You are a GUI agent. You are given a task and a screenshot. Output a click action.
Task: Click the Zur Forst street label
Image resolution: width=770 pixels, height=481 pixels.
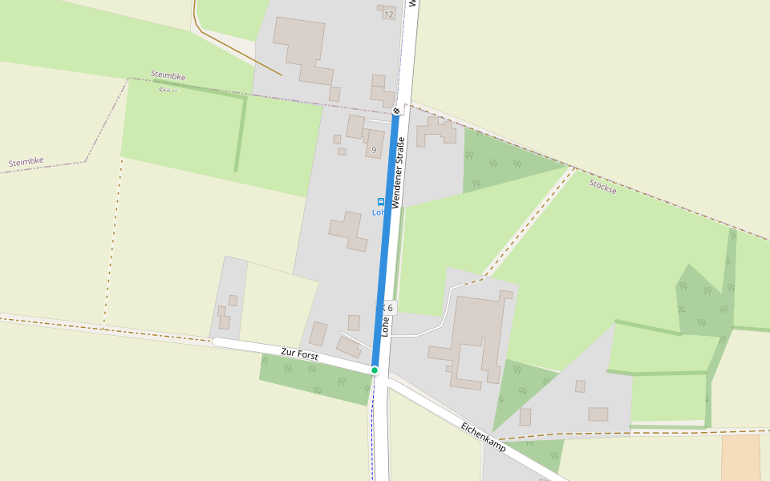pos(299,354)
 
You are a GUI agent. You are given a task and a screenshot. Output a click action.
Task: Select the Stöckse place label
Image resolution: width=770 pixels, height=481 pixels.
pos(602,188)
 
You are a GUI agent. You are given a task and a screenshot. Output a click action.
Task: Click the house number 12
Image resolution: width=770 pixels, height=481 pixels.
pos(389,14)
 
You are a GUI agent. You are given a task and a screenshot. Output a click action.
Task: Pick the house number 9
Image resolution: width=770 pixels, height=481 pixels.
pos(374,150)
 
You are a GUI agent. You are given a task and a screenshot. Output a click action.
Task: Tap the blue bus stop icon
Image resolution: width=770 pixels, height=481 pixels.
pos(380,202)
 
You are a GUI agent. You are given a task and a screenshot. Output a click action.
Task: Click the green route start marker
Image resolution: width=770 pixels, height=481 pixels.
pos(375,370)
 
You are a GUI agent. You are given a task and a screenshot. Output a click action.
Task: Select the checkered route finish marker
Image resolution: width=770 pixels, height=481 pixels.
pos(396,110)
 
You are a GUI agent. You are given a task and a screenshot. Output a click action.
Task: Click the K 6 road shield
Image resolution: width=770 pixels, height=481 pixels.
pos(387,307)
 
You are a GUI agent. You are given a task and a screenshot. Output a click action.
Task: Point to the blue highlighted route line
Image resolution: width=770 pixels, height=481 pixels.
pos(386,240)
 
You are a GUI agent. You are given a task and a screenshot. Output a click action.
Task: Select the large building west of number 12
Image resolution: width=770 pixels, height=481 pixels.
pos(302,48)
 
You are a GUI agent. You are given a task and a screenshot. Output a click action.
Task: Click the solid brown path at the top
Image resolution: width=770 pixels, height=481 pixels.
pos(241,52)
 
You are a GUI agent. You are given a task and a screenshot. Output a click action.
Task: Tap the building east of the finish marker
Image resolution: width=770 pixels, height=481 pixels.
pos(436,131)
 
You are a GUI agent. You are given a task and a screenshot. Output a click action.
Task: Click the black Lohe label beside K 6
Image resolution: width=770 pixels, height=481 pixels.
pos(385,325)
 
